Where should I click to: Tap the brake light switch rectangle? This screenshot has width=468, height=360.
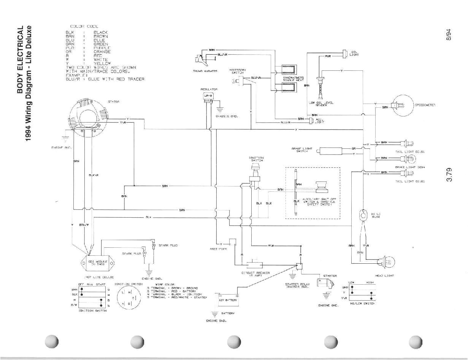tap(331, 151)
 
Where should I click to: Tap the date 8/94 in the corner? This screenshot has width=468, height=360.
tap(450, 35)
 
